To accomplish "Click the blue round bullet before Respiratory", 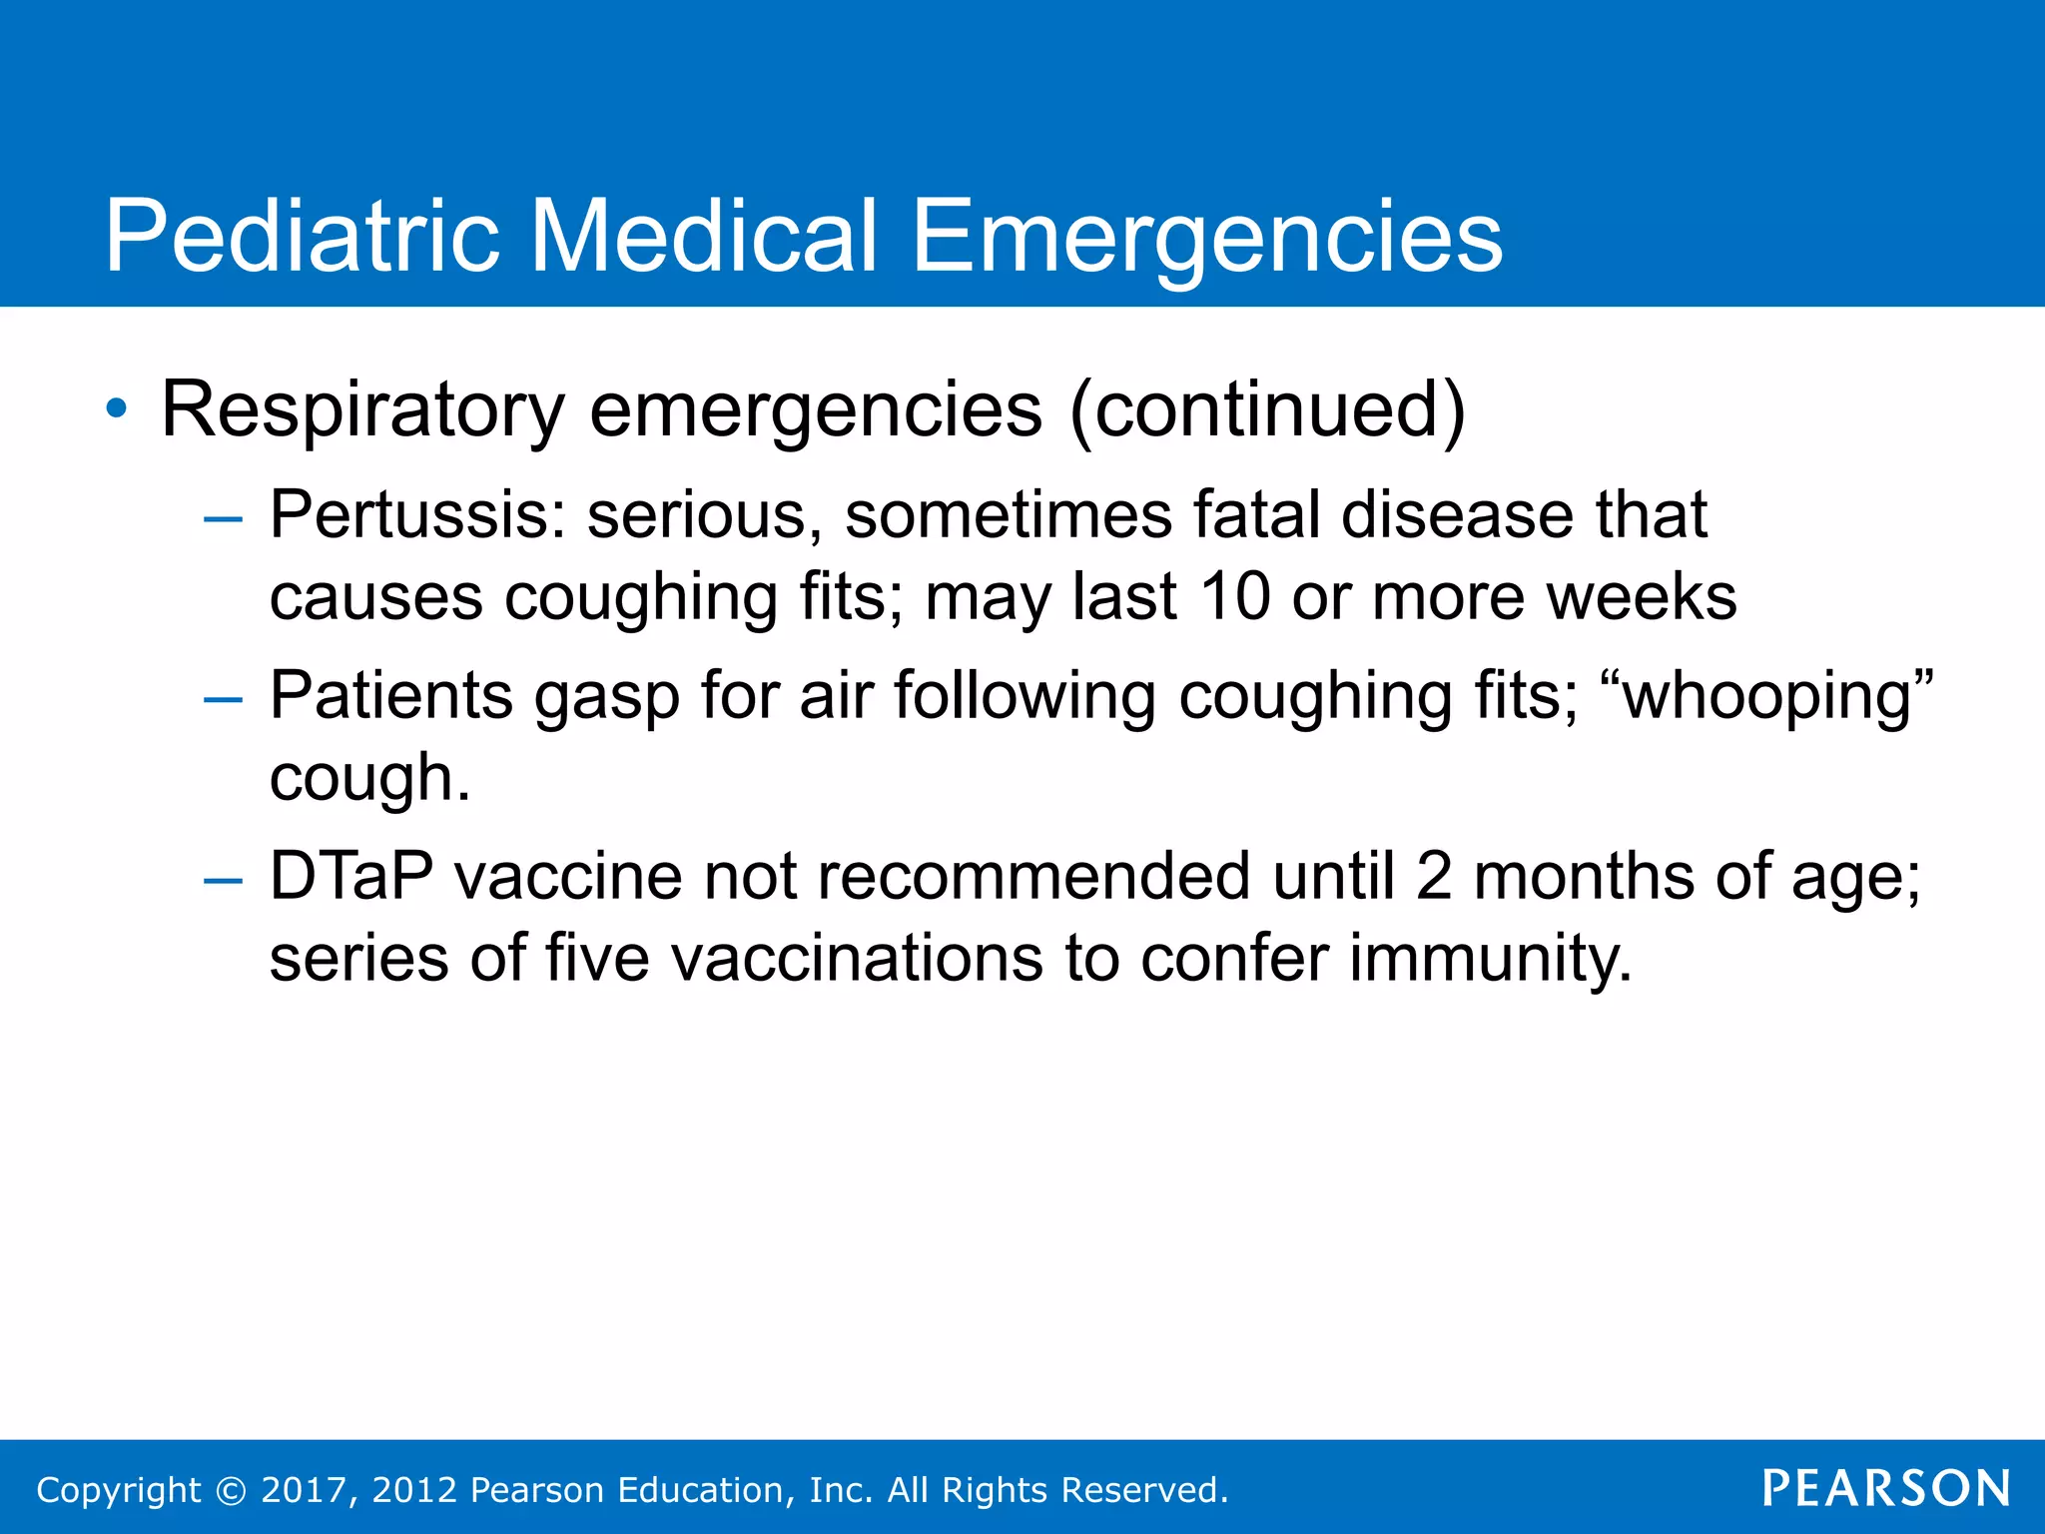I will click(x=117, y=408).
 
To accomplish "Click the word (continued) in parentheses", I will click(x=1266, y=409).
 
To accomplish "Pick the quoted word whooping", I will click(x=1766, y=695).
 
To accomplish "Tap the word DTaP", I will click(x=351, y=877).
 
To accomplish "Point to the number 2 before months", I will click(x=1434, y=877).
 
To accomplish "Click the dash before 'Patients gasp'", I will click(x=222, y=699).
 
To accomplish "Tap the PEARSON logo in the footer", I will click(x=1885, y=1488).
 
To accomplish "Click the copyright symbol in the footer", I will click(x=231, y=1490).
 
